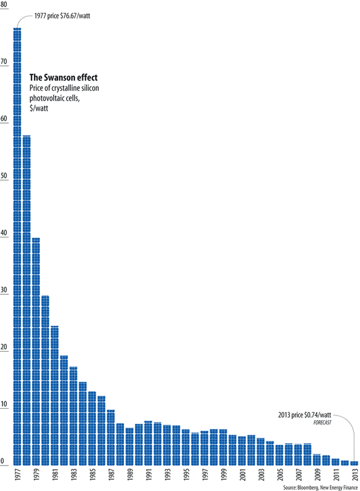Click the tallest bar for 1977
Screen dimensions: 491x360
click(17, 242)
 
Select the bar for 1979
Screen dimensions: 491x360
click(36, 351)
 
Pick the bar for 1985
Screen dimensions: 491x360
click(92, 427)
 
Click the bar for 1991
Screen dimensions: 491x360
click(148, 442)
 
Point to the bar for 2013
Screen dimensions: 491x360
click(354, 462)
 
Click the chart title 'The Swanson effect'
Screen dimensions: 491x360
click(64, 78)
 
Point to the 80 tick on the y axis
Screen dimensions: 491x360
click(4, 5)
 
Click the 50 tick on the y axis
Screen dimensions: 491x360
click(4, 176)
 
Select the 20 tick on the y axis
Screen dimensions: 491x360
click(4, 348)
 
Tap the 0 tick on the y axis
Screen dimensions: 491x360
click(3, 461)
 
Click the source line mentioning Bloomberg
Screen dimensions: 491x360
click(320, 487)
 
